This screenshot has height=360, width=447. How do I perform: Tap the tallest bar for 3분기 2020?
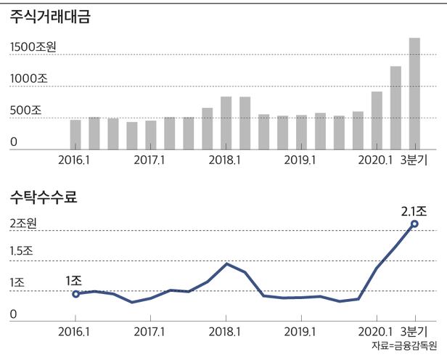414,93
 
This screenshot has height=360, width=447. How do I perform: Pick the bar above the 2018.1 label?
226,123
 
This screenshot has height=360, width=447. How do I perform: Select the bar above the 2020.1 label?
377,120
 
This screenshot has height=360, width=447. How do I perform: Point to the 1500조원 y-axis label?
33,46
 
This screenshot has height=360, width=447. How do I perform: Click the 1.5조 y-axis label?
22,251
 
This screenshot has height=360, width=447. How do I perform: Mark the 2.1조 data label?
414,211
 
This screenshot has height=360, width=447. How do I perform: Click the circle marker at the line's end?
414,224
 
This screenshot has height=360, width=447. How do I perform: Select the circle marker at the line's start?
75,293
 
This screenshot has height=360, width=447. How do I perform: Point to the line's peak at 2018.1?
226,263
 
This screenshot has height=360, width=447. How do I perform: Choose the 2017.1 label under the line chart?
150,330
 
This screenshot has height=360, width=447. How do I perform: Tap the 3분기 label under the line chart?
414,330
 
